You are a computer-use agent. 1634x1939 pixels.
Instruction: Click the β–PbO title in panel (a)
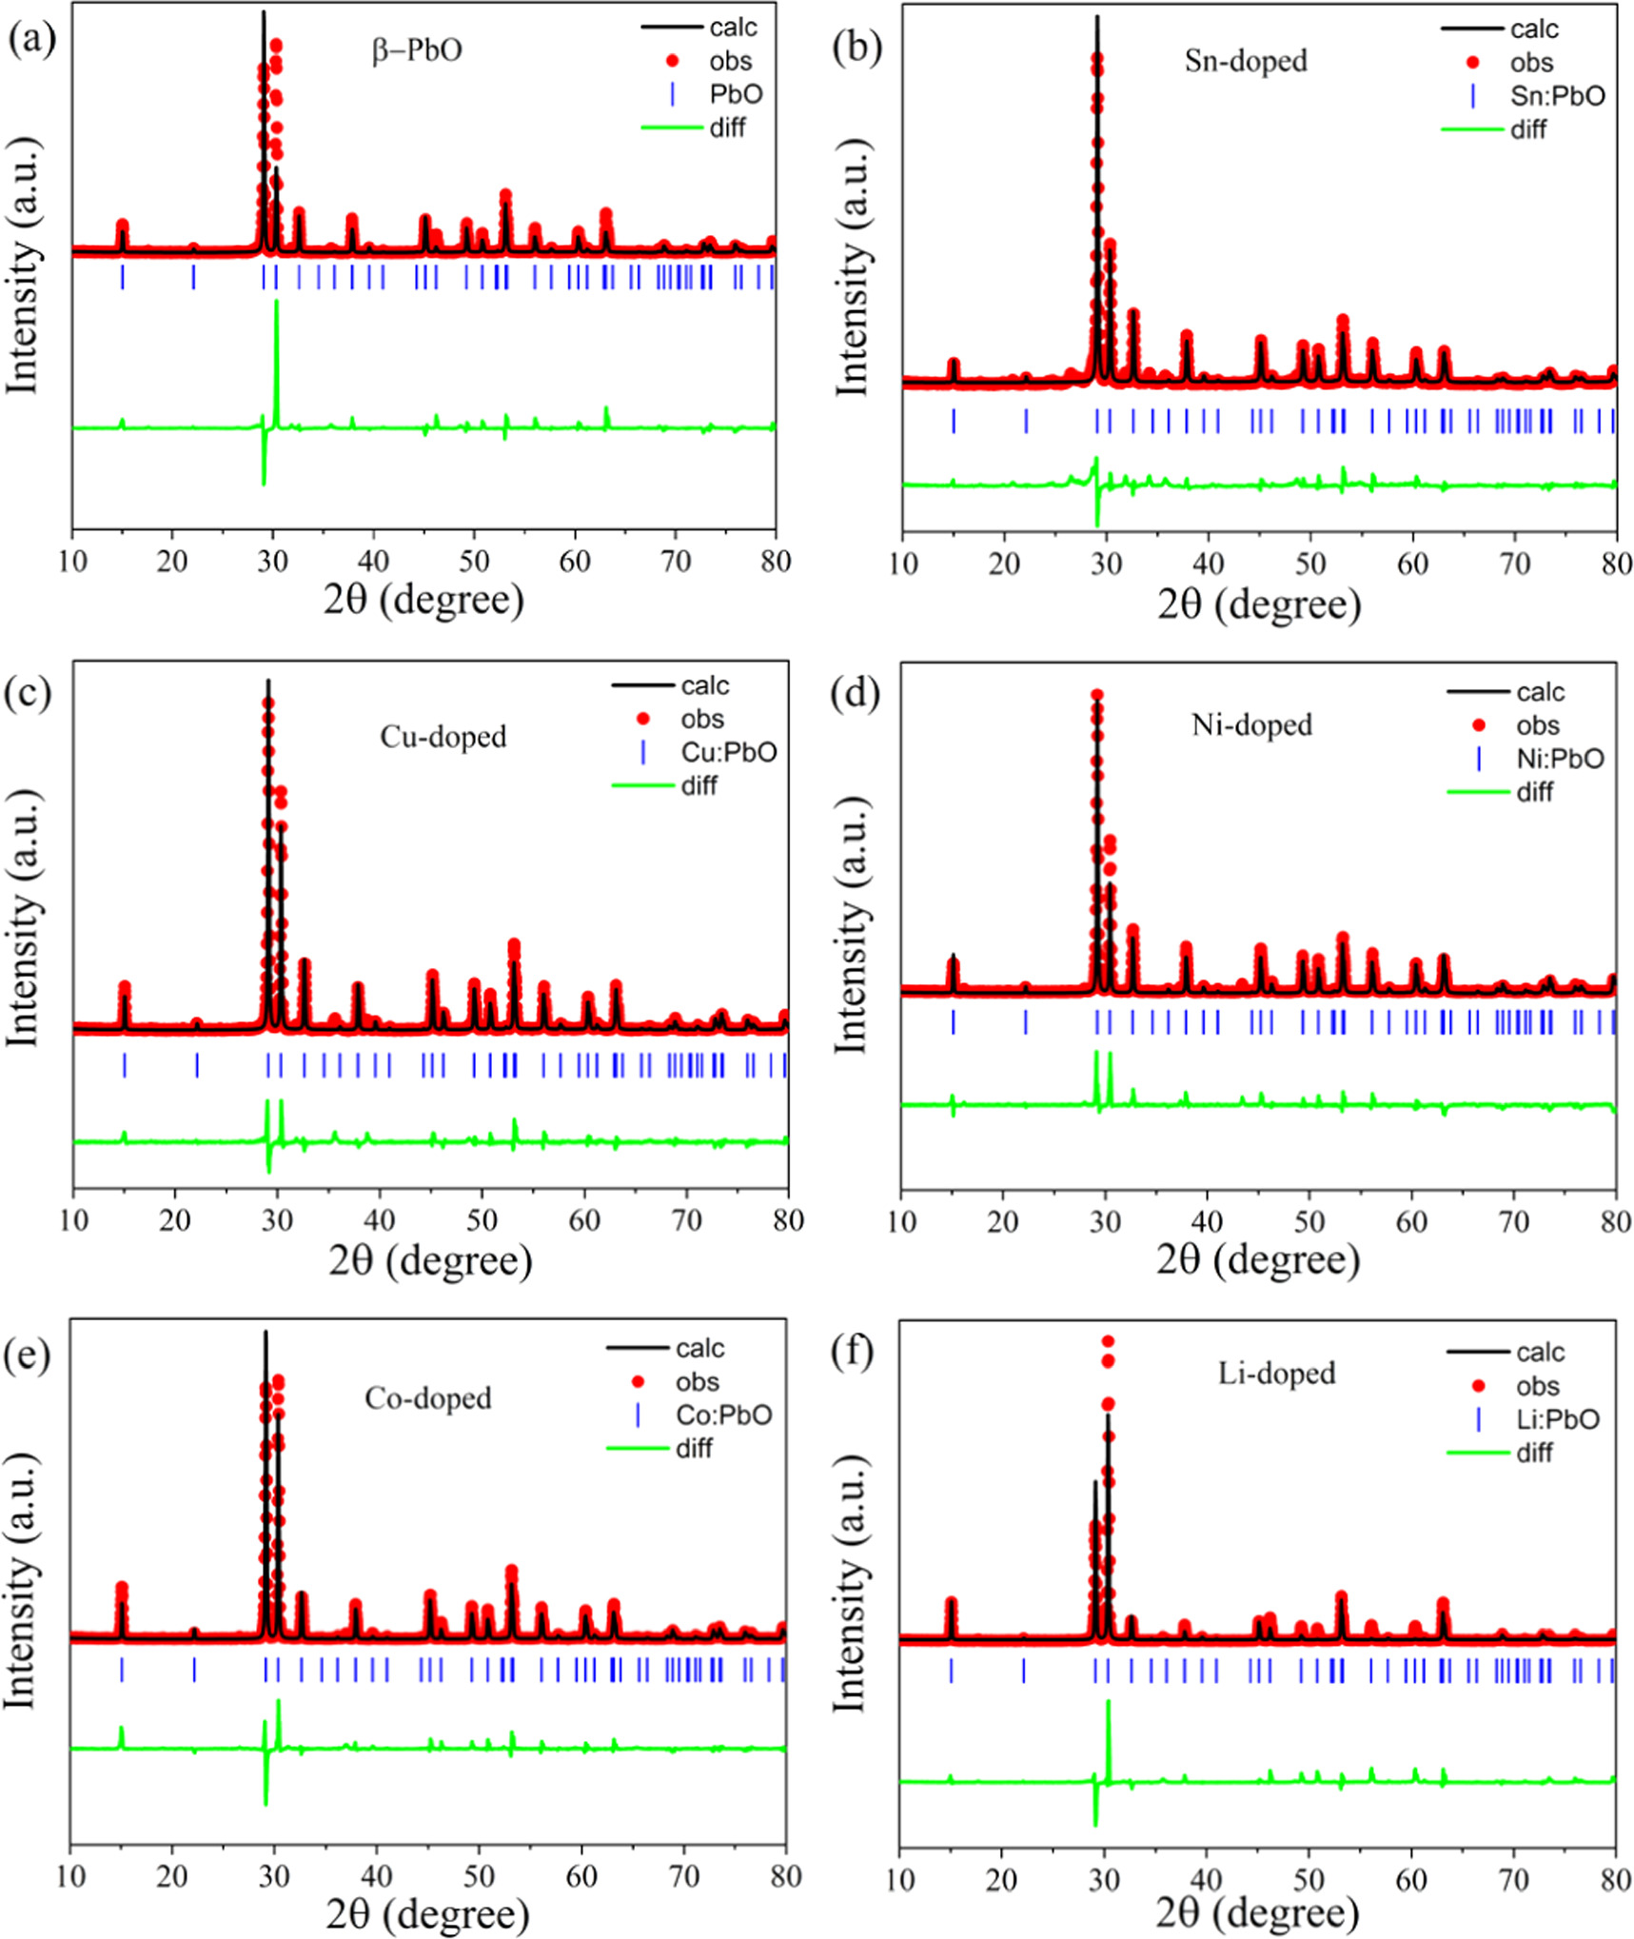click(x=417, y=49)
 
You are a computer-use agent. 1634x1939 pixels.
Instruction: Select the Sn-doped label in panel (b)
click(x=1246, y=61)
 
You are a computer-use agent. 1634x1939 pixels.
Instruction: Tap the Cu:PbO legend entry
click(x=728, y=753)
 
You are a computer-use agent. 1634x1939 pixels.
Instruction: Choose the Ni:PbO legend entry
click(x=1560, y=759)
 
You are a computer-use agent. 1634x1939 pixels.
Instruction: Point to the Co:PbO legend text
click(x=723, y=1415)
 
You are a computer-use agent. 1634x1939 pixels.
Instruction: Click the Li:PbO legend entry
click(x=1558, y=1419)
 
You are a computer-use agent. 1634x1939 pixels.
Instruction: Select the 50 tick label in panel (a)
click(x=474, y=562)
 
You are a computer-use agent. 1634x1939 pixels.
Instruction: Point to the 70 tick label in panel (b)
click(x=1514, y=564)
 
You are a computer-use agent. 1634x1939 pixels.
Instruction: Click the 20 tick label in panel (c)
click(x=174, y=1220)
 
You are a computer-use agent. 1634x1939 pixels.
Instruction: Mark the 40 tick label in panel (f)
click(x=1206, y=1880)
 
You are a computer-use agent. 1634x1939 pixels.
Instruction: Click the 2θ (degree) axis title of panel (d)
click(x=1258, y=1260)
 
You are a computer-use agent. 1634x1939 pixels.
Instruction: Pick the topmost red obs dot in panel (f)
click(x=1108, y=1341)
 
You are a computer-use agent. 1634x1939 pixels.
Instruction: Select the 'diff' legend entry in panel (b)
click(x=1527, y=129)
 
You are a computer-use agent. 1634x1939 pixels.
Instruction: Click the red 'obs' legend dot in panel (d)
click(x=1478, y=725)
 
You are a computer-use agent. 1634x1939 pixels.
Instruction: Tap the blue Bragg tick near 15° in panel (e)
click(x=122, y=1670)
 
